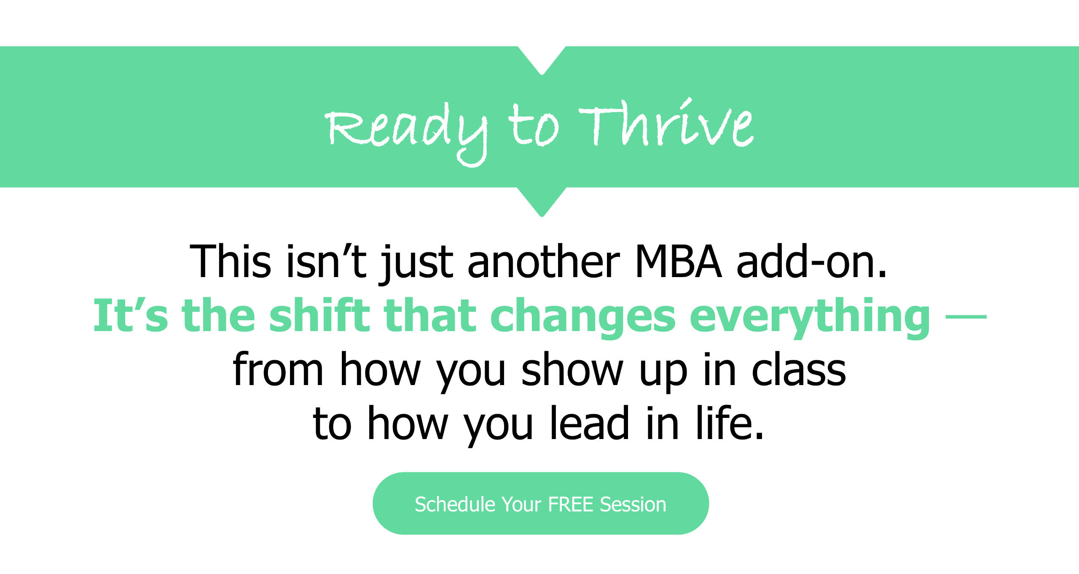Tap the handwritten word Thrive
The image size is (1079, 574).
(x=666, y=123)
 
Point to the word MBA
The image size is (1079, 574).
(x=678, y=261)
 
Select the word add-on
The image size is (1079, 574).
(x=812, y=261)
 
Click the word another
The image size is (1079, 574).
(x=544, y=261)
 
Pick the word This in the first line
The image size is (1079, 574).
(x=231, y=261)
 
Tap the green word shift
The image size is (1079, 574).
(x=320, y=315)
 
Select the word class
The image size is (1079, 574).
(x=799, y=369)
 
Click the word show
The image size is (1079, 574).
(x=572, y=369)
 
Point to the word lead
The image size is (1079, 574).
(x=590, y=422)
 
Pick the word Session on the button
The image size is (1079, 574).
(x=633, y=504)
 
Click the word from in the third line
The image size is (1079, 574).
(x=278, y=369)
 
